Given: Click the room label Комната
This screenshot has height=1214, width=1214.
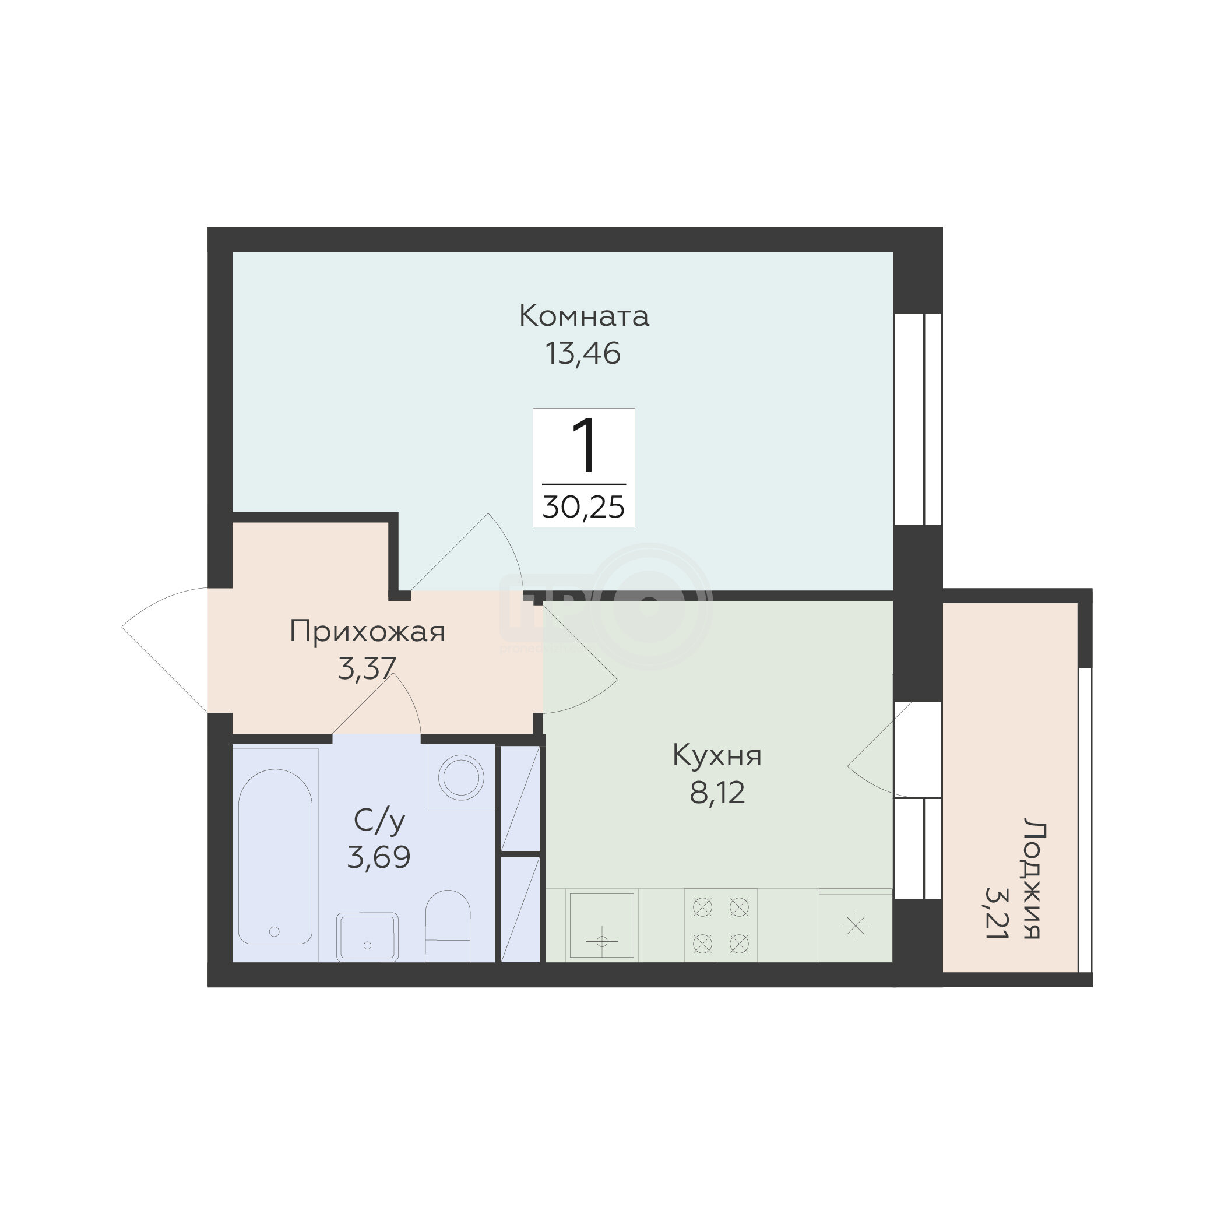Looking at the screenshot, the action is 584,316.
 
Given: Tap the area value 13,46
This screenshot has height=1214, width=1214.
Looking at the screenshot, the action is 583,353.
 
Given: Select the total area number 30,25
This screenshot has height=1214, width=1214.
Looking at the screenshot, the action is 584,506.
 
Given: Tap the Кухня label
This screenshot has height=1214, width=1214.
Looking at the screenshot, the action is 717,755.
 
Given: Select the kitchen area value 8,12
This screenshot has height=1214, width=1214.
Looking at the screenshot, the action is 717,793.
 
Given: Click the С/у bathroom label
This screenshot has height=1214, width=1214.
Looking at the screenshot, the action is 379,821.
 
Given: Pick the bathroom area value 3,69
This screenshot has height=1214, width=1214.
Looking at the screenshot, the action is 379,857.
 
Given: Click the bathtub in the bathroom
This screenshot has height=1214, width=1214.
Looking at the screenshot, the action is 275,857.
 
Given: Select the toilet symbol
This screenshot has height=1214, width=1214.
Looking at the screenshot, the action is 448,926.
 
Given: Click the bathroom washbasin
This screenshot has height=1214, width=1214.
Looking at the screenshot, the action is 367,937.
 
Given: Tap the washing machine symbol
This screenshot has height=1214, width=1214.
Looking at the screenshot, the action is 462,778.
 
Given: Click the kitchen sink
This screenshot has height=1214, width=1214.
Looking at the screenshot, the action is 602,926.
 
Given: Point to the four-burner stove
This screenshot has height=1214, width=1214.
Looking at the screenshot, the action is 721,926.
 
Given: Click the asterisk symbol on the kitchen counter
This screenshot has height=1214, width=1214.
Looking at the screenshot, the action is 855,926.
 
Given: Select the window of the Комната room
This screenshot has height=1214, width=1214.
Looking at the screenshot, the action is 917,419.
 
